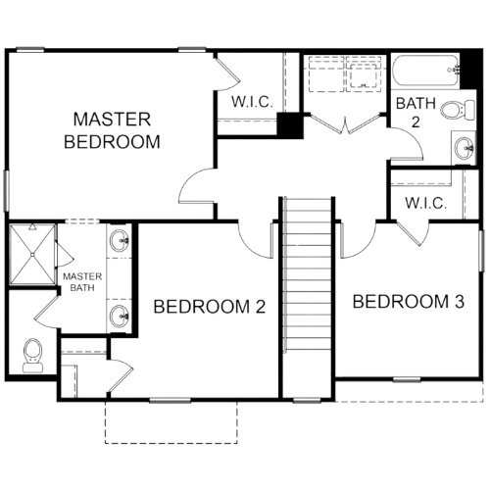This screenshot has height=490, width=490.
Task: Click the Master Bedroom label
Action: (x=112, y=130)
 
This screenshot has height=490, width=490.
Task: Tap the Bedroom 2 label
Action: (x=210, y=307)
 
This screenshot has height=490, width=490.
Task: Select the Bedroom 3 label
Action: (x=409, y=301)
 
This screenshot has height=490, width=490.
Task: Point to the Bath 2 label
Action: (x=416, y=113)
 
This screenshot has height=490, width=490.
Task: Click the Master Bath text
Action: (x=82, y=282)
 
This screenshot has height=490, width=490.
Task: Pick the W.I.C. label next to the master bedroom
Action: (x=252, y=102)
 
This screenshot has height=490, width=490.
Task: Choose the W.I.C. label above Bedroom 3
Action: (x=425, y=203)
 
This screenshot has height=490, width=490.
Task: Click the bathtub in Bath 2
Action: (x=426, y=71)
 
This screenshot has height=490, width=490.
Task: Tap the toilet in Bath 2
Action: (x=458, y=109)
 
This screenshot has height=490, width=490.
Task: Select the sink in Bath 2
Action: (x=465, y=148)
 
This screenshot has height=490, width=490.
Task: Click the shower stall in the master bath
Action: (x=32, y=254)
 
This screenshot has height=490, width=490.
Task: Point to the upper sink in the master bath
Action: (x=119, y=241)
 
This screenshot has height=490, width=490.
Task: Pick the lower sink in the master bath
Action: (x=119, y=316)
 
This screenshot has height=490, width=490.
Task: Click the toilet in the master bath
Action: (x=33, y=356)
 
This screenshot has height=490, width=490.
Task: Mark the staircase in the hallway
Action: (x=309, y=275)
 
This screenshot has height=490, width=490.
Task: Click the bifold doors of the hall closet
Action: (x=346, y=123)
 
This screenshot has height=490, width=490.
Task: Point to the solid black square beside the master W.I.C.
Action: (x=290, y=124)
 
